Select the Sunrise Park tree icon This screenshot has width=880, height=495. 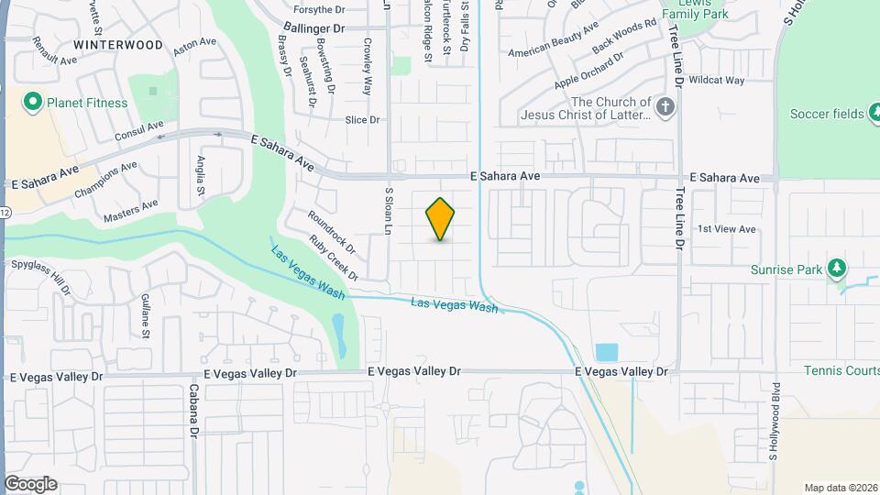[835, 269]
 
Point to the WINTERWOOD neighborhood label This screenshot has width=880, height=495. [118, 44]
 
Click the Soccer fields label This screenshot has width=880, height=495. [826, 114]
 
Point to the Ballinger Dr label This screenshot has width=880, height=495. [313, 28]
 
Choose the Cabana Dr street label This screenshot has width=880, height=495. [194, 409]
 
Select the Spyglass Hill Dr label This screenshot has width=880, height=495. [40, 277]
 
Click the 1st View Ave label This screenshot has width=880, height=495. [726, 229]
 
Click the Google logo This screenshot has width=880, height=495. [30, 484]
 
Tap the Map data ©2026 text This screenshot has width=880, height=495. [839, 488]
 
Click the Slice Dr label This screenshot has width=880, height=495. [361, 120]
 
